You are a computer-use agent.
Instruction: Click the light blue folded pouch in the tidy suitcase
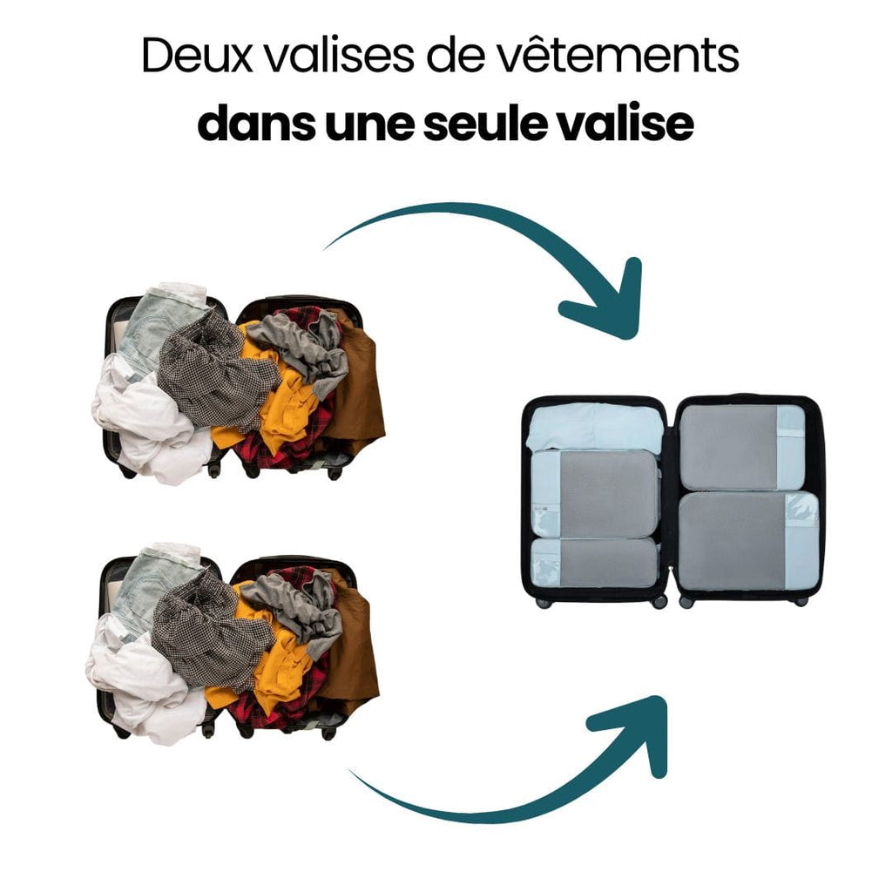click(595, 428)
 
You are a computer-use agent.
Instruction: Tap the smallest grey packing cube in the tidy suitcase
click(594, 564)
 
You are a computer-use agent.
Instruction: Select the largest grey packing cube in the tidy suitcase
click(748, 542)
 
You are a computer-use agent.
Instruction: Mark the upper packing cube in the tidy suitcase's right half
click(742, 447)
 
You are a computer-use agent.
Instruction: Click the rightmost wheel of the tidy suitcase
click(801, 601)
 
